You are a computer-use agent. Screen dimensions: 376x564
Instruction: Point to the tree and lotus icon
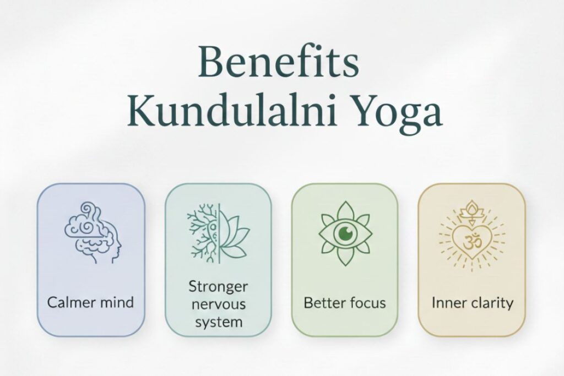(218, 232)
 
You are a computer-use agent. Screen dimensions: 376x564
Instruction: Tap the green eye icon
(345, 232)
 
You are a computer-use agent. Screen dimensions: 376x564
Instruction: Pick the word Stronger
(218, 287)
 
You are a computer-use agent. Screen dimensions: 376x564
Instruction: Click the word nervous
(218, 304)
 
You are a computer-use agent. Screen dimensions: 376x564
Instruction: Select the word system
(218, 321)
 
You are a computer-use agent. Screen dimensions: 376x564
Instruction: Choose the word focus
(367, 302)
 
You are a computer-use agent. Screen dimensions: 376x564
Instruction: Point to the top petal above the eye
(345, 211)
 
